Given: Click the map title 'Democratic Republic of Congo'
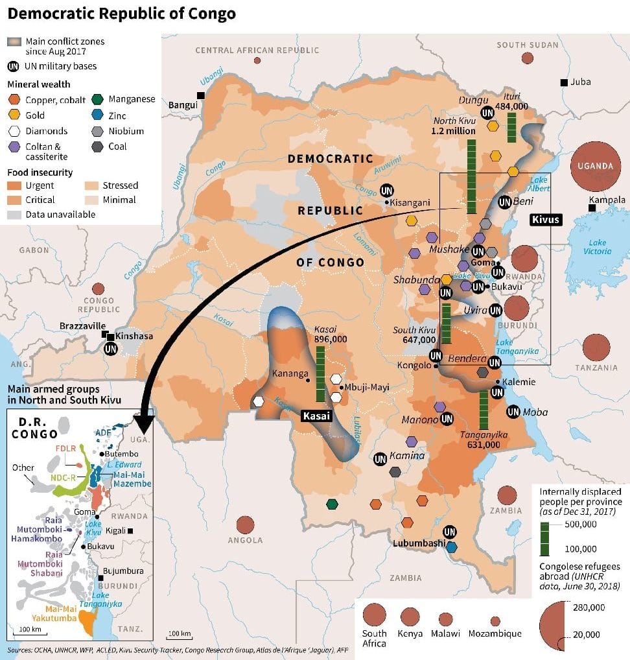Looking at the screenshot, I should pos(122,13).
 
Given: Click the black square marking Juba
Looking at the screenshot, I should pos(565,82).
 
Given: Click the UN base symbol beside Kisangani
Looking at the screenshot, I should pos(387,191).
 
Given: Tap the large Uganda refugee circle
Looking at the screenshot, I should pos(595,166).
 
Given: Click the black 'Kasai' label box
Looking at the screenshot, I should pos(316,416).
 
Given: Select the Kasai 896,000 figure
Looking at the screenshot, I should pos(331,339).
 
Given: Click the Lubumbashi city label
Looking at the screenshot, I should pos(419,543).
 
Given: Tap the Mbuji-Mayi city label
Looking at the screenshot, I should pos(367,387).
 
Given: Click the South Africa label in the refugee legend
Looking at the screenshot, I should pos(375,638).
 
